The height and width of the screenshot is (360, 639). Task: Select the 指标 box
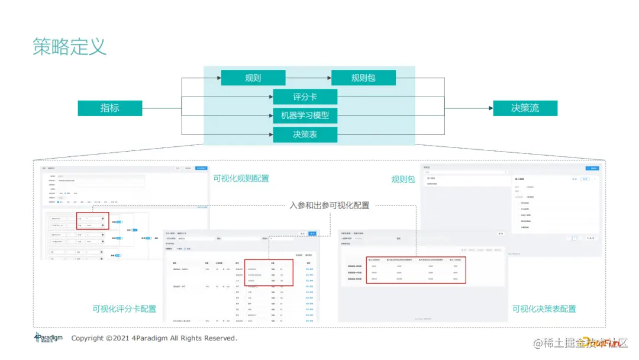110,108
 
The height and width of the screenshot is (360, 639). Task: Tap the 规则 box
253,78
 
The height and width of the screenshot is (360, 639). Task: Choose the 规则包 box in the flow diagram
363,78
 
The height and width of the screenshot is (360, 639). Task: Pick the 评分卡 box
305,97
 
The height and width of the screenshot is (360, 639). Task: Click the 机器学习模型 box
305,115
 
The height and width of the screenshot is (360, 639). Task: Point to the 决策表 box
305,134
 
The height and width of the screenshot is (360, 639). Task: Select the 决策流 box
525,108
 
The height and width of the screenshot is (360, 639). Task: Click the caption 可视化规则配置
241,178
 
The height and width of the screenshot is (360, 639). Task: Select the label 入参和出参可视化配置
330,205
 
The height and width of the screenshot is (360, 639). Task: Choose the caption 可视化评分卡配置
124,308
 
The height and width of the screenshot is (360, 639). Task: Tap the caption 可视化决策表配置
544,308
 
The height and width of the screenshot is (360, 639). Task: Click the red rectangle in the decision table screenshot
416,269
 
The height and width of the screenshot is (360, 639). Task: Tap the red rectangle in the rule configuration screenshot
93,221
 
